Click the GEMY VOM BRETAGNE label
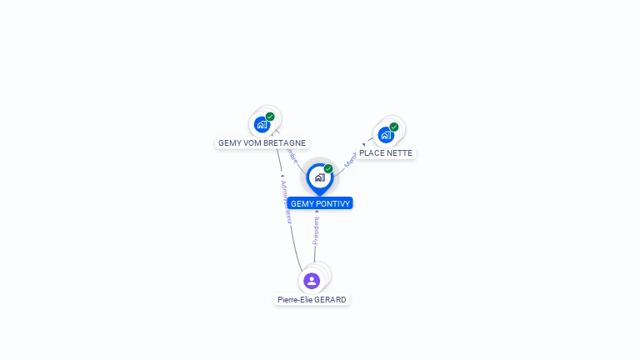[x=262, y=142]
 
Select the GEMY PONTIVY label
[x=321, y=203]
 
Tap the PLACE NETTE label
[x=386, y=153]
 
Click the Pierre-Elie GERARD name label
[x=312, y=299]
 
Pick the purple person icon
[x=312, y=281]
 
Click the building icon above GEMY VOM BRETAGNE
[x=262, y=125]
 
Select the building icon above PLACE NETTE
[x=385, y=134]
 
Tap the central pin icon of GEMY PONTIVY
[x=319, y=177]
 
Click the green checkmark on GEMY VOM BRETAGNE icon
[x=270, y=117]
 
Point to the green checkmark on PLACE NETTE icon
[x=394, y=127]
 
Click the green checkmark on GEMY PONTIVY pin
[x=328, y=168]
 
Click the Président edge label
[x=317, y=231]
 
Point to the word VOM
[x=251, y=142]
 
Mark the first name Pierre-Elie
[x=295, y=299]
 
